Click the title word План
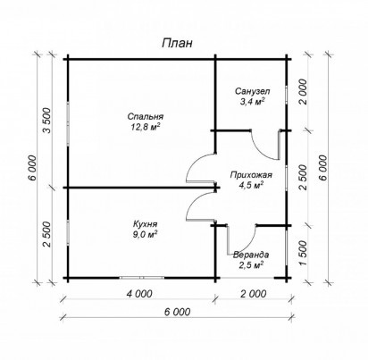177,44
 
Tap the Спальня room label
146,116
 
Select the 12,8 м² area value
146,127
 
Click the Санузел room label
252,90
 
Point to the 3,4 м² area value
252,102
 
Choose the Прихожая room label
251,175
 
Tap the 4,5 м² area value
251,185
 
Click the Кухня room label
146,223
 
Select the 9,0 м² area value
146,234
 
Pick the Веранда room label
251,255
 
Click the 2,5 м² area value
251,264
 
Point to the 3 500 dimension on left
47,120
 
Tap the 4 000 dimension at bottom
139,294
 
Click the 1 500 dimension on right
303,253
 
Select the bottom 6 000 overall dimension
177,312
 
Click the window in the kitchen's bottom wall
142,278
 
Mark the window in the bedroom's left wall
68,123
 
